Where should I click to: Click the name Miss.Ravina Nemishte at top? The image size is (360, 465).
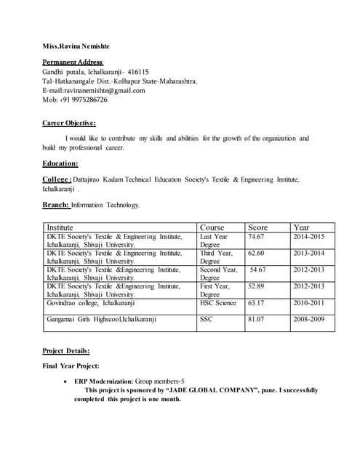point(76,46)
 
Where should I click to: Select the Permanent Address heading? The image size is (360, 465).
point(73,62)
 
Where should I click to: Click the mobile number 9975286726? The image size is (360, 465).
point(85,100)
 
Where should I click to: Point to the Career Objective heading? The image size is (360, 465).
point(69,123)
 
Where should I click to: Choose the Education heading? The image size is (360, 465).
point(60,163)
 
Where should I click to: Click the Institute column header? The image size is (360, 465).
point(60,227)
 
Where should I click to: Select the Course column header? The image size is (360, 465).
point(212,227)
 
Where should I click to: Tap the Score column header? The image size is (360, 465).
point(258,227)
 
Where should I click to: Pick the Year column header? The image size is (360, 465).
point(301,227)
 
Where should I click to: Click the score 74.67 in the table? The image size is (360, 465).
point(256,237)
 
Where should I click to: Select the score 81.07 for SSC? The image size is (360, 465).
point(256,319)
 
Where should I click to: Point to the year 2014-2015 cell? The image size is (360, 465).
point(308,237)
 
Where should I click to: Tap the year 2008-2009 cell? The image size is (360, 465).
point(308,319)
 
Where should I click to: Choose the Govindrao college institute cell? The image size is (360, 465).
point(91,303)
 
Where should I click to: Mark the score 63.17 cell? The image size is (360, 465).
point(256,303)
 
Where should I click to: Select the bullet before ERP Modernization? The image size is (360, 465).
point(67,381)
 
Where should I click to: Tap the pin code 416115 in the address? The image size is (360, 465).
point(138,72)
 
